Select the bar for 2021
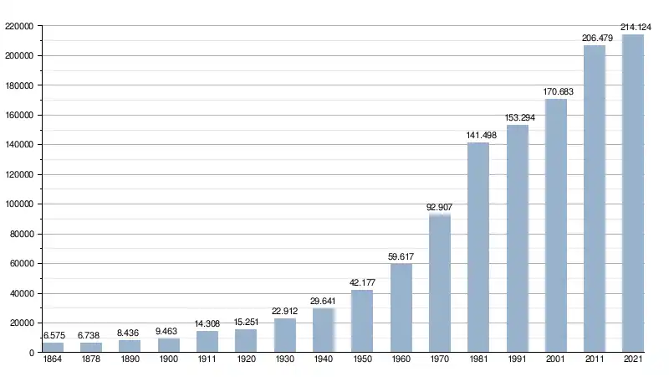coord(633,194)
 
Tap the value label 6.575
coord(54,336)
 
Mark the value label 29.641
coord(324,302)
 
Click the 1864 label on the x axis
coord(53,360)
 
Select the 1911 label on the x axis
coord(207,360)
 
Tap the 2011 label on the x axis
coord(595,360)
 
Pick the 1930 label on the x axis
coord(285,360)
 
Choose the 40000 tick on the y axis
coord(21,294)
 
